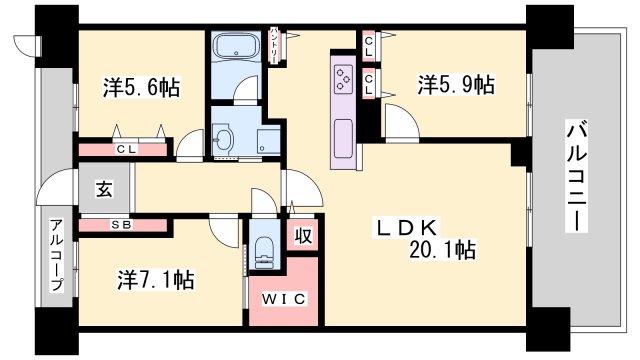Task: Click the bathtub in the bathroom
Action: click(x=236, y=46)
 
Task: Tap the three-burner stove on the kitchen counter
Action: click(x=344, y=77)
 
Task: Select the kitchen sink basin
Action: click(x=343, y=139)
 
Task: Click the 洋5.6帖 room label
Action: click(x=141, y=87)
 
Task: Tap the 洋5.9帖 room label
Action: click(x=456, y=84)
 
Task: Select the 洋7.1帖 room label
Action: click(x=156, y=280)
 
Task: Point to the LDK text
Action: click(x=407, y=228)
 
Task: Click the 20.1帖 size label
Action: click(x=442, y=249)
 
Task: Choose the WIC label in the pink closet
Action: click(x=284, y=299)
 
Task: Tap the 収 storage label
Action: click(x=303, y=236)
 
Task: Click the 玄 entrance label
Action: click(x=104, y=189)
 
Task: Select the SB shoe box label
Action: click(x=122, y=225)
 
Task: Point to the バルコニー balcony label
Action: click(x=577, y=176)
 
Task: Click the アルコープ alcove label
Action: click(x=57, y=256)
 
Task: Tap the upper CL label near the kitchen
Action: click(x=369, y=46)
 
